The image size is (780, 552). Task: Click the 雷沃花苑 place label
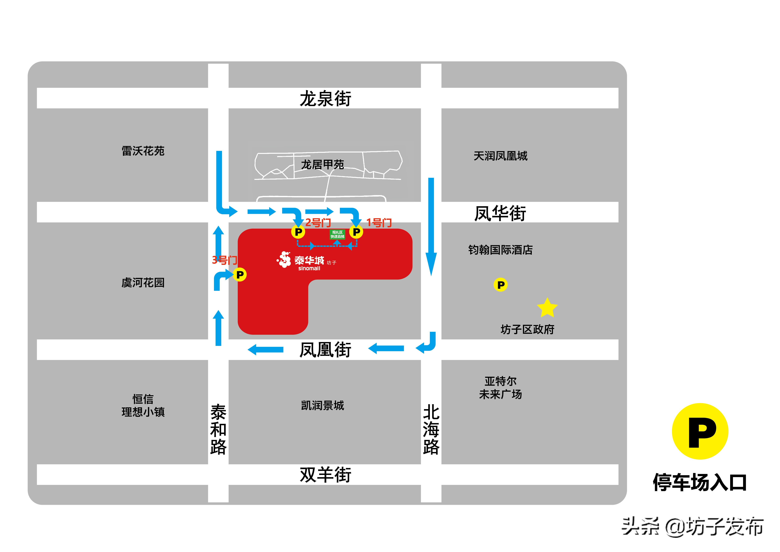coord(143,151)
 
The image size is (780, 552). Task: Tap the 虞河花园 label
coord(143,282)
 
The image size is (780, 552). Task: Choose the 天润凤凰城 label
coord(500,156)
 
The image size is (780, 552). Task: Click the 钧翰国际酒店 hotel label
coord(500,250)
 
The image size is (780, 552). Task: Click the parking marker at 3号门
coord(240,275)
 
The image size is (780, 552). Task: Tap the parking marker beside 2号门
coord(298,232)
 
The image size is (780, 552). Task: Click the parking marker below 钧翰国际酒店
coord(500,285)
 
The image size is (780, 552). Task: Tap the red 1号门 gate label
coord(379,223)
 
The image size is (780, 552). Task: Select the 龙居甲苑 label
coord(322,164)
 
